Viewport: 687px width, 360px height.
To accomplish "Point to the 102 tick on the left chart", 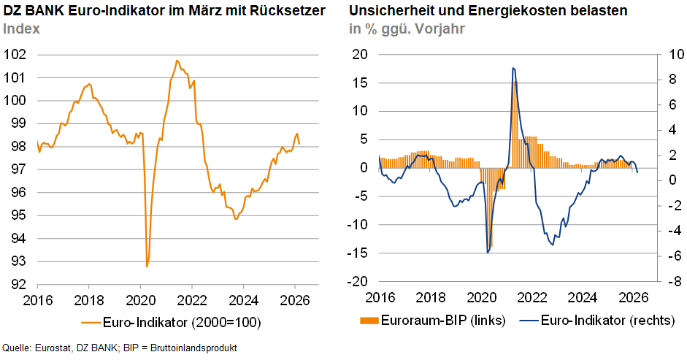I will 15,55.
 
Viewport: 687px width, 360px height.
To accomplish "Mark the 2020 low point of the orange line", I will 147,266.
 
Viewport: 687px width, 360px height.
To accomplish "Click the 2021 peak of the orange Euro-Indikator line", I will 177,61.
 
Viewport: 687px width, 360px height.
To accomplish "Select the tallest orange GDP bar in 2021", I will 515,82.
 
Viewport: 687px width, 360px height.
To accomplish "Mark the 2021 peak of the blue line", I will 513,68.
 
